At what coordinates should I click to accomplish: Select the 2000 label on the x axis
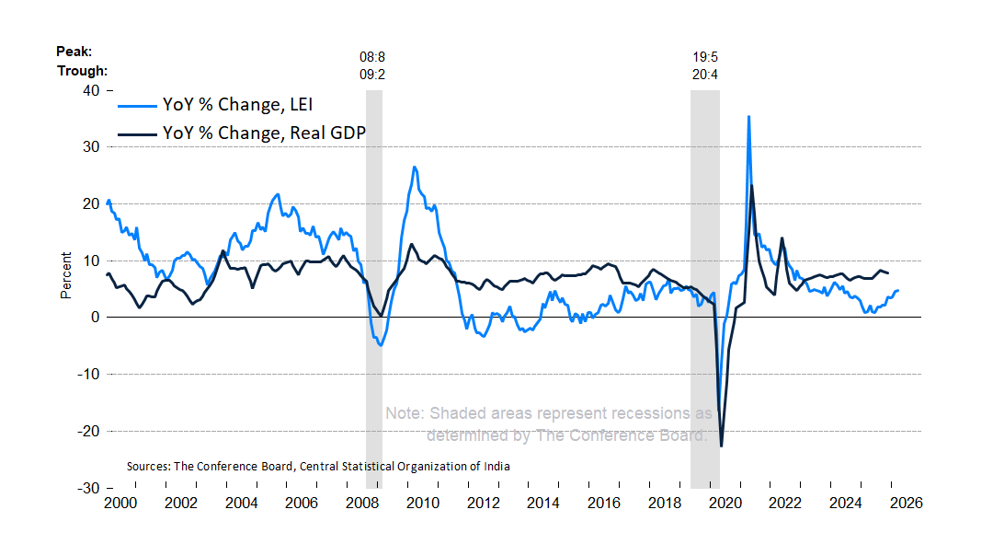pyautogui.click(x=120, y=504)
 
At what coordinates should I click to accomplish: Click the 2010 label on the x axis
pyautogui.click(x=422, y=504)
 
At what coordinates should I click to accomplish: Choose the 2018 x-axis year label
pyautogui.click(x=664, y=504)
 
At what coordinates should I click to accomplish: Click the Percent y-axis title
pyautogui.click(x=66, y=275)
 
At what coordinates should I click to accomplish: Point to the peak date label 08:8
pyautogui.click(x=371, y=56)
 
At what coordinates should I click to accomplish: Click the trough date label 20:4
pyautogui.click(x=705, y=74)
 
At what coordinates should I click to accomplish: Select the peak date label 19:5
pyautogui.click(x=705, y=56)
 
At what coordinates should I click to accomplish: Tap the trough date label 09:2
pyautogui.click(x=371, y=74)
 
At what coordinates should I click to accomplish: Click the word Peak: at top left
pyautogui.click(x=75, y=52)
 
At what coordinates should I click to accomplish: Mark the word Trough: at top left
pyautogui.click(x=83, y=71)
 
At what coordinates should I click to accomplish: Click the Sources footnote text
pyautogui.click(x=318, y=467)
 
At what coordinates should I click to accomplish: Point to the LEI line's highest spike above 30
pyautogui.click(x=748, y=117)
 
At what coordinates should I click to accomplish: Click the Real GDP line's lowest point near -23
pyautogui.click(x=721, y=446)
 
